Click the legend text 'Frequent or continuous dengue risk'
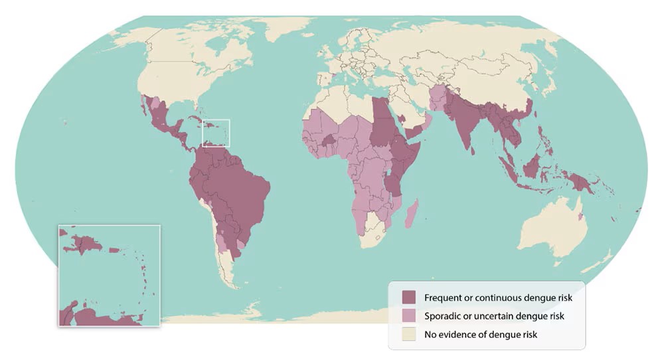(x=498, y=297)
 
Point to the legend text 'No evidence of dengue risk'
(x=481, y=334)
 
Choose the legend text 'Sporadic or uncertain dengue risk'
(x=494, y=315)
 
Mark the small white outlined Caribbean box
(x=215, y=132)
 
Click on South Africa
(x=374, y=232)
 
